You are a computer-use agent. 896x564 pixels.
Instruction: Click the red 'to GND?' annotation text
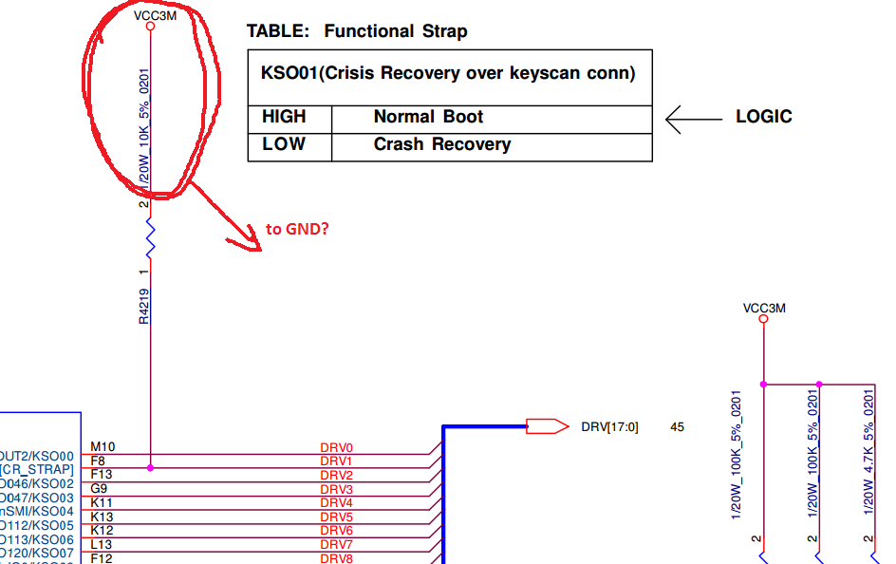[x=298, y=229]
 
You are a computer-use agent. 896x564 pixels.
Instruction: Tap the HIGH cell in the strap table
[x=284, y=117]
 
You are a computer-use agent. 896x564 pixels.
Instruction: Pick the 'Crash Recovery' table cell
[x=441, y=144]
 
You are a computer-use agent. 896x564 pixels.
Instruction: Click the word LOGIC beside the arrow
[x=764, y=117]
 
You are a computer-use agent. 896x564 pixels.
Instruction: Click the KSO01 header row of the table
[x=448, y=73]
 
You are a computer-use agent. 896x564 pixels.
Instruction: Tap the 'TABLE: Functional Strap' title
[x=357, y=31]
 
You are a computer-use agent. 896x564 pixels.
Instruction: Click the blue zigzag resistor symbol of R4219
[x=149, y=237]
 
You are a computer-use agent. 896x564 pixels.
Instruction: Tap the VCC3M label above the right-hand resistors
[x=764, y=308]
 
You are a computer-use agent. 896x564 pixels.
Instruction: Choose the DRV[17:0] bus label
[x=609, y=427]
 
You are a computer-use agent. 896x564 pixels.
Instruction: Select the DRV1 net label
[x=336, y=461]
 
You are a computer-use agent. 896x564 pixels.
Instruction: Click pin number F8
[x=98, y=461]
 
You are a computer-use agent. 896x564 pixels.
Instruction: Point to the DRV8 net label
[x=336, y=558]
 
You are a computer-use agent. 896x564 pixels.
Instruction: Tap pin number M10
[x=102, y=446]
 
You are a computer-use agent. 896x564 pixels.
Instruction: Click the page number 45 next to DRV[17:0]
[x=677, y=427]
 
